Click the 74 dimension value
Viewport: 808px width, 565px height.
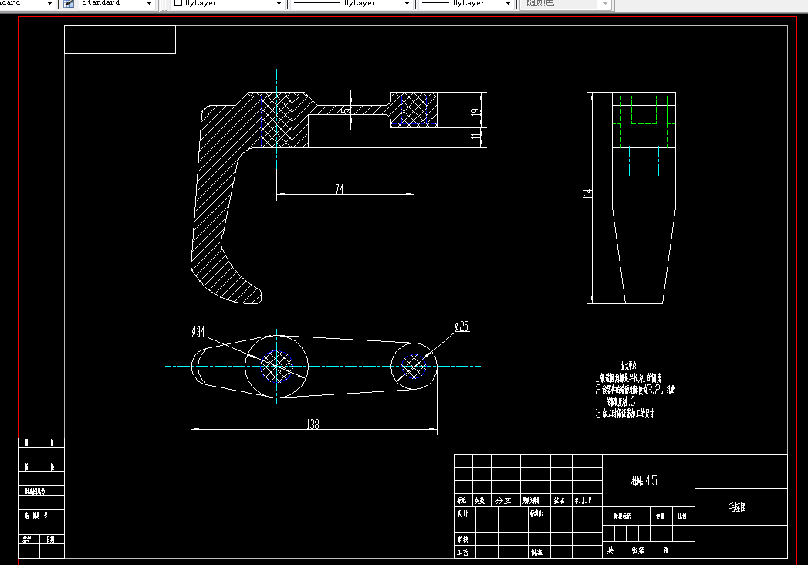point(340,190)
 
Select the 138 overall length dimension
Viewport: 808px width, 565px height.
point(313,425)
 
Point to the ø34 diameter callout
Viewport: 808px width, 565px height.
point(199,332)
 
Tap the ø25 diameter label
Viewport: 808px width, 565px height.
point(461,326)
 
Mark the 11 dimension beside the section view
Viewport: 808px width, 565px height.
point(477,136)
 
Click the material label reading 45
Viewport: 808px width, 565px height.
point(644,481)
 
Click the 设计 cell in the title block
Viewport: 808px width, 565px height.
point(463,513)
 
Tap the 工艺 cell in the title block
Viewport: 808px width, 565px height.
point(463,552)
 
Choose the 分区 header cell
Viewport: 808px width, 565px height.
point(503,500)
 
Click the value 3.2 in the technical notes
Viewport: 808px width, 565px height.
point(653,390)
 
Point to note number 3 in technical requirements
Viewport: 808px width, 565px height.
point(597,414)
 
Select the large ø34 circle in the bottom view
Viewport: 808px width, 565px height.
point(276,366)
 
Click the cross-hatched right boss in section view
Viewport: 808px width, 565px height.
point(414,110)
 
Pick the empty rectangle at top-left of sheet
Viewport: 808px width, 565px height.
point(120,39)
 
